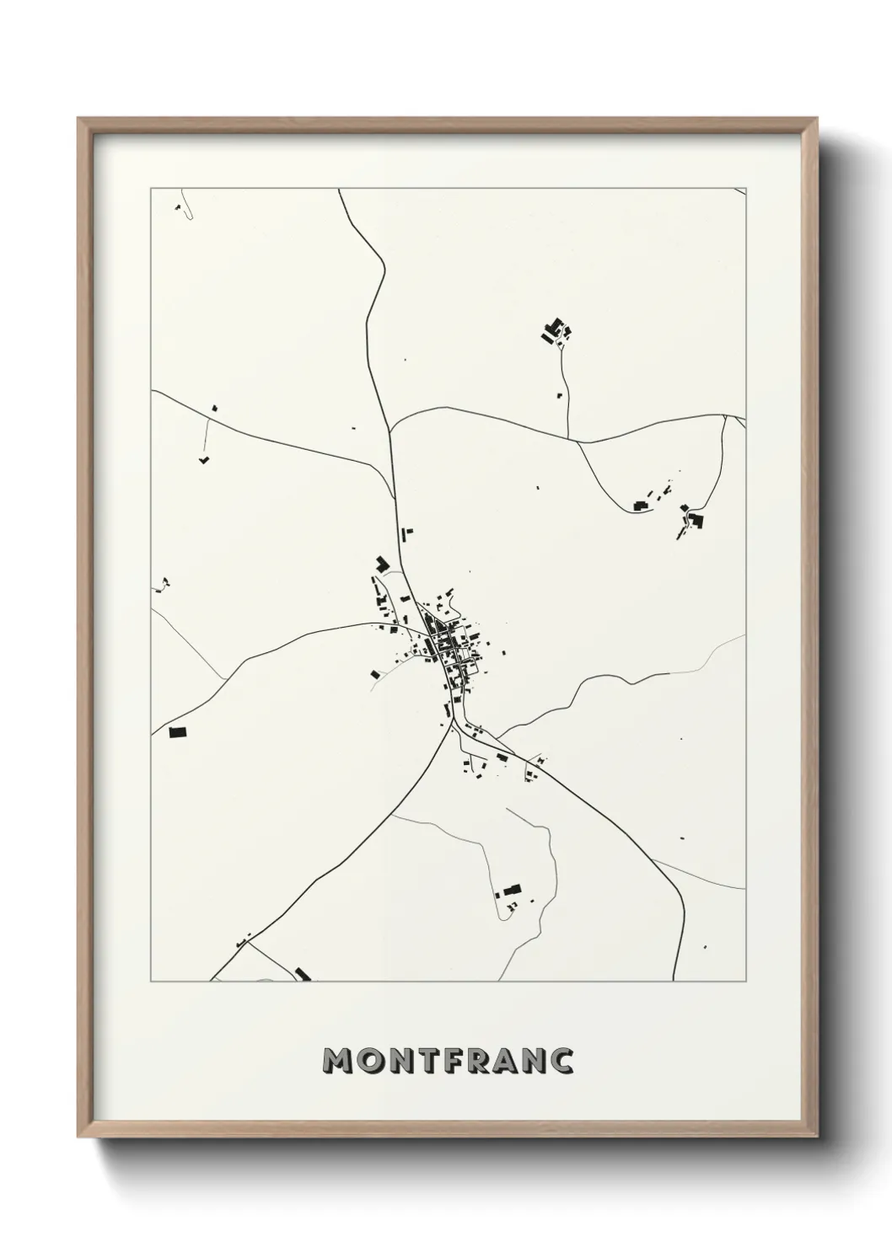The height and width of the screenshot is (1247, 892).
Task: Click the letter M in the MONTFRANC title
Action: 339,1062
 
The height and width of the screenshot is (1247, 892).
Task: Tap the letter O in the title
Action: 373,1062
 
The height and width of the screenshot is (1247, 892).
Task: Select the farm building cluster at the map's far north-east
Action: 556,331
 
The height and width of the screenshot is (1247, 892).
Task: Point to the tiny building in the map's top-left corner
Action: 179,206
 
